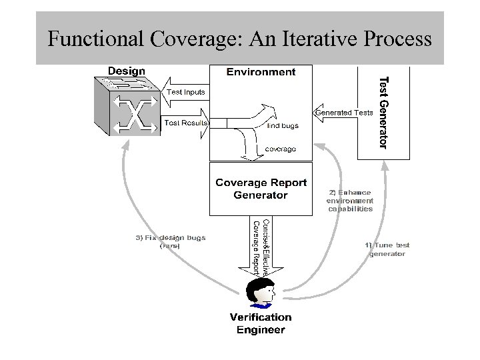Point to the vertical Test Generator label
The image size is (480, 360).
(382, 112)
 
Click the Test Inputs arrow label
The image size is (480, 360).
(186, 92)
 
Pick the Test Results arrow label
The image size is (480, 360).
(186, 123)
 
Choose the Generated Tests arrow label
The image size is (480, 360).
(344, 112)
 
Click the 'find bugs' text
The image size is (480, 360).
(283, 125)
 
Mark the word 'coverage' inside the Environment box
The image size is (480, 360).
(281, 149)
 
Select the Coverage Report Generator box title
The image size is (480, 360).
(261, 189)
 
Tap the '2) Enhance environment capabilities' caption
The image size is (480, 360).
(350, 200)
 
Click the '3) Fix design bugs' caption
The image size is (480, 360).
(171, 241)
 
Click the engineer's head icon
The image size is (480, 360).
(261, 292)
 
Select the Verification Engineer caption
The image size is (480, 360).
(261, 323)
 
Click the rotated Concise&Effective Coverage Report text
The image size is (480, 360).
(261, 247)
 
